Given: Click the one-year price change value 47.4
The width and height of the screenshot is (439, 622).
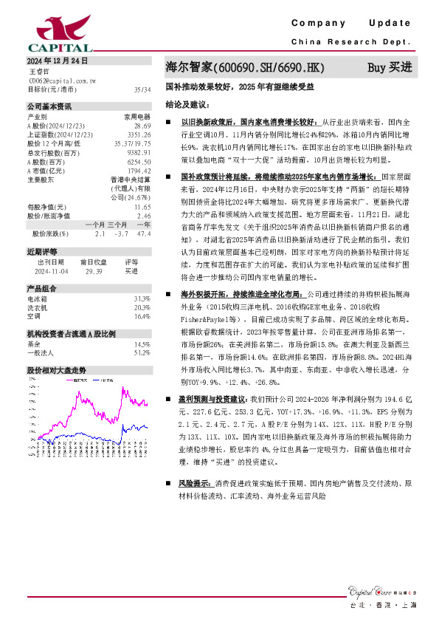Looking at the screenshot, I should tap(144, 233).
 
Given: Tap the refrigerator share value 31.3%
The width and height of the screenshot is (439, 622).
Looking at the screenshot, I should tap(142, 298).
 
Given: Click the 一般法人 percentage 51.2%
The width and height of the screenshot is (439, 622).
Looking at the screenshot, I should tap(142, 352).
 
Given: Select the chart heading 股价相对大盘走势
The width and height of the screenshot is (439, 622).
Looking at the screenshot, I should tap(57, 369).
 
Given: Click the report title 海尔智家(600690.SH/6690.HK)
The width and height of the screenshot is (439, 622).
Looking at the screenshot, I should tap(245, 67).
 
